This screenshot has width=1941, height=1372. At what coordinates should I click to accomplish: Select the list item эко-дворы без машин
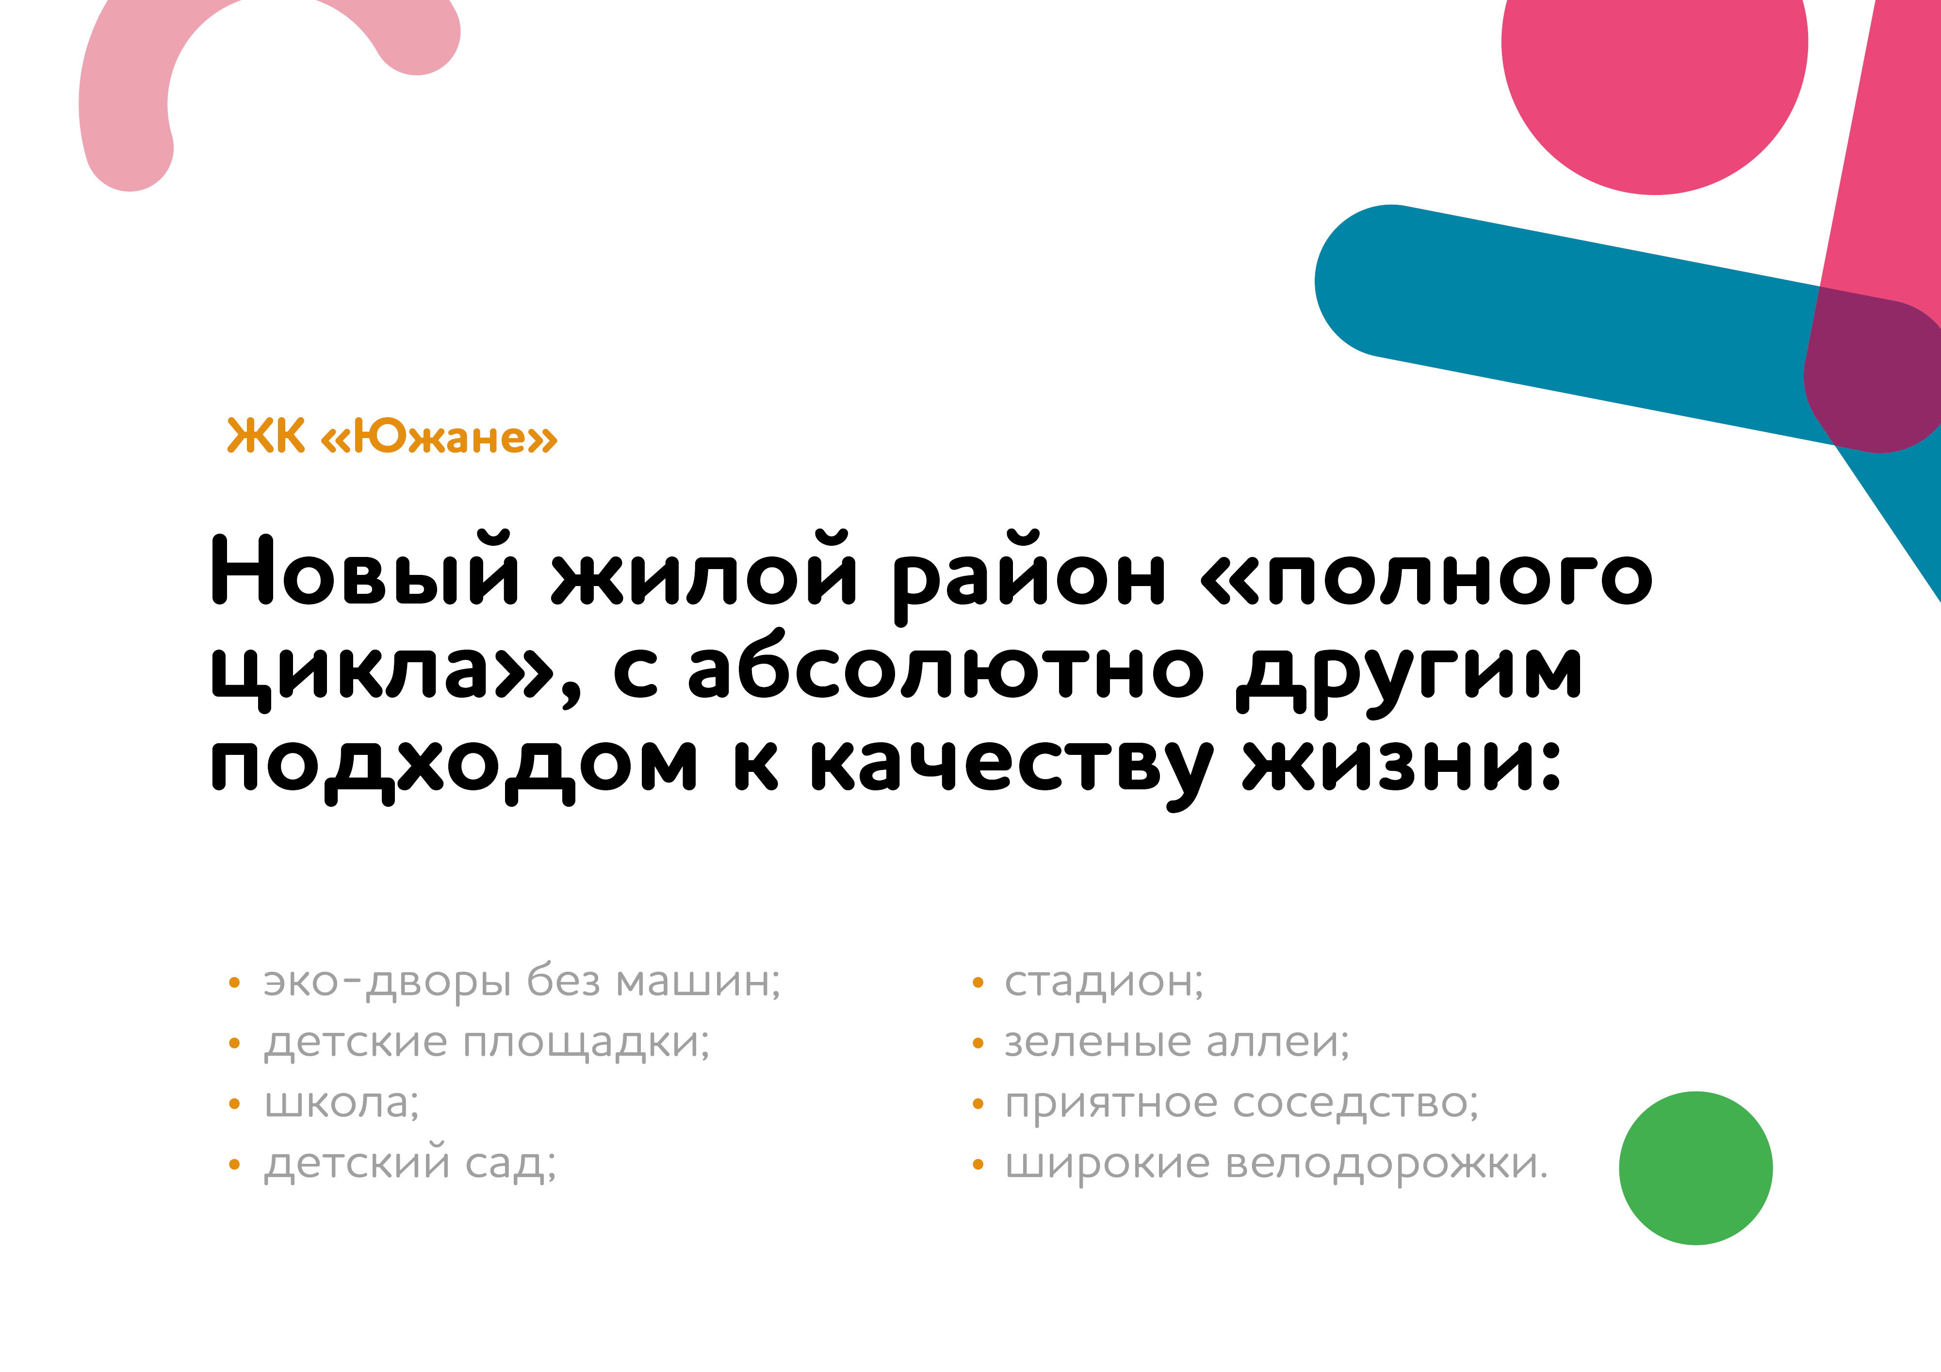(522, 982)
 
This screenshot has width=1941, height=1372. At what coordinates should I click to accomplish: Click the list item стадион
(1103, 983)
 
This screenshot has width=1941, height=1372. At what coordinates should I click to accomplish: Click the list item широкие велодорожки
(1276, 1163)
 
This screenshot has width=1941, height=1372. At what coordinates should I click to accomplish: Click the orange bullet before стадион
(978, 982)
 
